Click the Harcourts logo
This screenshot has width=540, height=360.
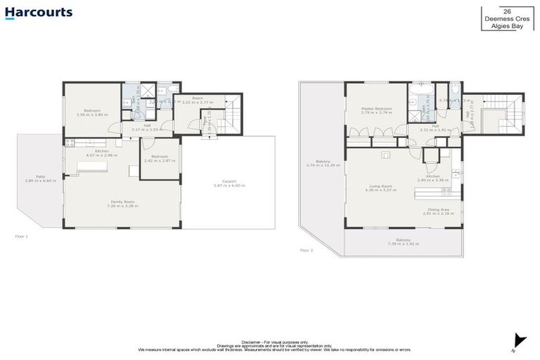(x=39, y=13)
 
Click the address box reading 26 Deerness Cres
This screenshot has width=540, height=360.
(x=503, y=18)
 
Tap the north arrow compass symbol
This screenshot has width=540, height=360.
(x=519, y=341)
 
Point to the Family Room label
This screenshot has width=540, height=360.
(x=122, y=203)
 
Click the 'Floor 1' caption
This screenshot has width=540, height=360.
(x=22, y=236)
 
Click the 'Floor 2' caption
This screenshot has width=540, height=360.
(x=307, y=250)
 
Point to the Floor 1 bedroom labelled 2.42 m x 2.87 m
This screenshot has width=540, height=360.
(x=160, y=158)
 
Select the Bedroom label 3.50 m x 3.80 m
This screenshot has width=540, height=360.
(x=93, y=112)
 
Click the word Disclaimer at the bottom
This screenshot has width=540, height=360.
(x=254, y=341)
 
